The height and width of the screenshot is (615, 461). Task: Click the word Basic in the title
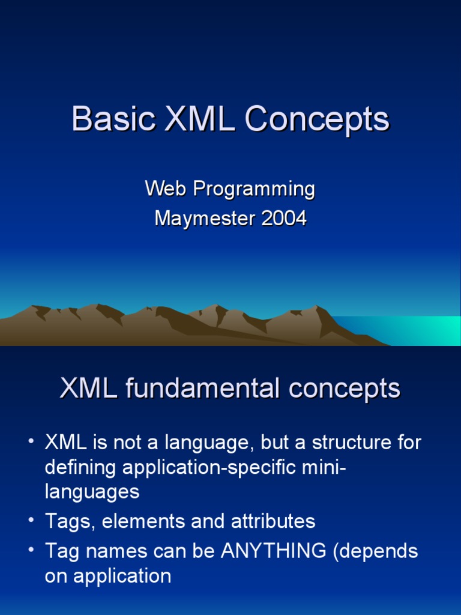tap(113, 118)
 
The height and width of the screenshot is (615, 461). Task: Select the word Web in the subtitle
tap(166, 188)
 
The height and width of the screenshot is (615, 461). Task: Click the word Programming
tap(254, 190)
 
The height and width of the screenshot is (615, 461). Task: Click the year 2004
tap(284, 218)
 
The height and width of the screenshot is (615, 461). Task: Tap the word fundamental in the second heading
tap(202, 388)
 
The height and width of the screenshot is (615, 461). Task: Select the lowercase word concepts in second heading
tap(344, 390)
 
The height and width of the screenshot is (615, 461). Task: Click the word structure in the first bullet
tap(351, 442)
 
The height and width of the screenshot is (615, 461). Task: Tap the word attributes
tap(273, 521)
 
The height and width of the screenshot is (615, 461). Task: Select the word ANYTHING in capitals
tap(274, 551)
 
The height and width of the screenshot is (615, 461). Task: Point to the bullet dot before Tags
tap(31, 520)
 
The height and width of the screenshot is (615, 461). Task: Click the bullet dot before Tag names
tap(31, 550)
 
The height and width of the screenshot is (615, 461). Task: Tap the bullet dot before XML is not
tap(31, 441)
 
